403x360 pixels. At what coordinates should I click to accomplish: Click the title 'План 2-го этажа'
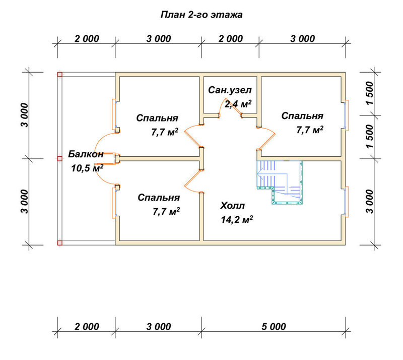click(201, 15)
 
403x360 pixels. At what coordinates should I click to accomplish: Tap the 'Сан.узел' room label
click(230, 90)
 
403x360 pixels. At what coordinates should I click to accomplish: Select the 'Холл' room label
click(233, 206)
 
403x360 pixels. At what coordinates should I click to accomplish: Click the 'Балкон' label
click(86, 154)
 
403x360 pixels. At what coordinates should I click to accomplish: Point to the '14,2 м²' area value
click(237, 219)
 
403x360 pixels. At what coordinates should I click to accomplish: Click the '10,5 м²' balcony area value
click(87, 168)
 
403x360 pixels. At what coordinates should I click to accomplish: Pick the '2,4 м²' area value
click(238, 104)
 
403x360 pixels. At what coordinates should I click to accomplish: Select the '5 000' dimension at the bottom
click(274, 327)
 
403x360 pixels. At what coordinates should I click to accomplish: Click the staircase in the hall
click(280, 182)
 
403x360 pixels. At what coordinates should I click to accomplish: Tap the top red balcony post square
click(60, 75)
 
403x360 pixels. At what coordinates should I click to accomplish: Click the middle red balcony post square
click(60, 159)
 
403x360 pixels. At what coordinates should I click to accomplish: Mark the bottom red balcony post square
click(60, 243)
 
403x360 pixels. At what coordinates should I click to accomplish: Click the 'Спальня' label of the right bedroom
click(302, 116)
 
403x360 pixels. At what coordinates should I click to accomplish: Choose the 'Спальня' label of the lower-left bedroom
click(159, 198)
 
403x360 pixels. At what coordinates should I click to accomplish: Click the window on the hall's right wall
click(346, 202)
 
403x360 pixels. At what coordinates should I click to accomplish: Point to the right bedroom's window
click(346, 115)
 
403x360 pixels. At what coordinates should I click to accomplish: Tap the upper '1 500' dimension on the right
click(370, 93)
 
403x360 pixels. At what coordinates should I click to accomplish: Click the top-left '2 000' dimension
click(87, 39)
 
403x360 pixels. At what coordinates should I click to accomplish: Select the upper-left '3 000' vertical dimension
click(25, 115)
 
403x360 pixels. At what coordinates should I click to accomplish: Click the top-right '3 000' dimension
click(303, 39)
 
